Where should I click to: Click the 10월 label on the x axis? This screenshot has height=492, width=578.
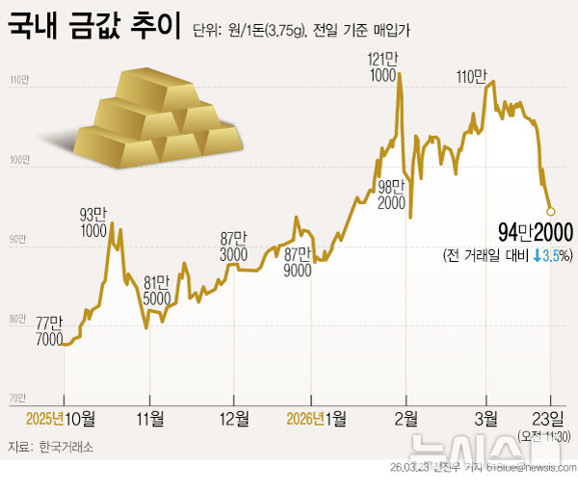click(81, 418)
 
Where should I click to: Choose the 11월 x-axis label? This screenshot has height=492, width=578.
click(150, 418)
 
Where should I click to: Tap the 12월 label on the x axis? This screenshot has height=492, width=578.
click(235, 418)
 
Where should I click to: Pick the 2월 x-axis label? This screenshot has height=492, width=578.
click(406, 418)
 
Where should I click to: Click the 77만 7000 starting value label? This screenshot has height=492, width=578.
click(48, 331)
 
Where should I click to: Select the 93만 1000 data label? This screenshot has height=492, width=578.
click(93, 221)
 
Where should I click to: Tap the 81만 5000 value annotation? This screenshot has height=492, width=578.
click(157, 291)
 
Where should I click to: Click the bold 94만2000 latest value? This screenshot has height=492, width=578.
click(536, 233)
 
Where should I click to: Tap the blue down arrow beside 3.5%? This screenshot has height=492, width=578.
click(537, 255)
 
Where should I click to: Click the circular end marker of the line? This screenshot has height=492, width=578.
click(550, 211)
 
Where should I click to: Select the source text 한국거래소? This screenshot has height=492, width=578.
click(67, 448)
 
